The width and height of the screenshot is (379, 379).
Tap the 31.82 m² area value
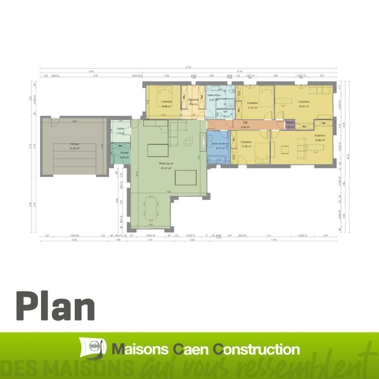[x=75, y=148]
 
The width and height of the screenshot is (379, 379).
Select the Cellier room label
[x=121, y=129]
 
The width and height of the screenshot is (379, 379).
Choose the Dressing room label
[x=194, y=100]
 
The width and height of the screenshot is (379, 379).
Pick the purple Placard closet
[x=289, y=125]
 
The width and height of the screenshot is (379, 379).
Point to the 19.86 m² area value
[x=319, y=141]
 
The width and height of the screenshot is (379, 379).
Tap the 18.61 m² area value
[x=304, y=106]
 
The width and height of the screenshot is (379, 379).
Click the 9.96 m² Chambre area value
[x=166, y=106]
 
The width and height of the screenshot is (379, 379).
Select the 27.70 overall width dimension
[x=188, y=67]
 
